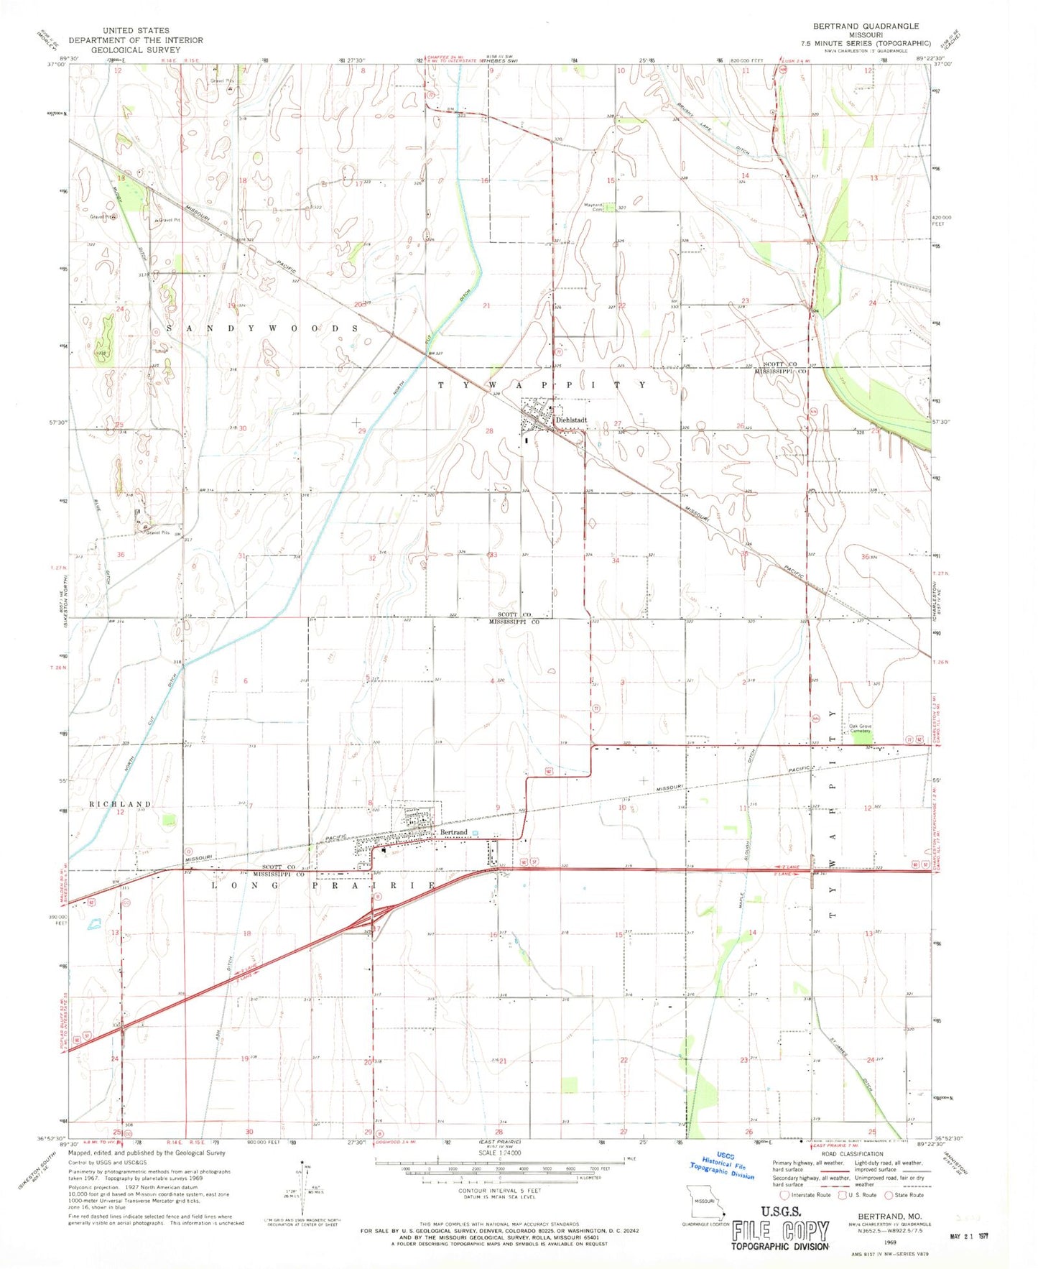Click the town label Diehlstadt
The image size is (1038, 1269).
[x=572, y=420]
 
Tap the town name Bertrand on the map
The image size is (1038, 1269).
[x=454, y=832]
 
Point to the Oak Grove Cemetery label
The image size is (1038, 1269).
[x=860, y=729]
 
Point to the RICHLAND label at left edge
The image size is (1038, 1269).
[x=120, y=804]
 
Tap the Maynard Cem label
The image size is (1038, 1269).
[x=593, y=206]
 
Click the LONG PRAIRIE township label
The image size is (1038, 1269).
[x=323, y=886]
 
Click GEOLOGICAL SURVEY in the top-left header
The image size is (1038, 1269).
[x=136, y=50]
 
